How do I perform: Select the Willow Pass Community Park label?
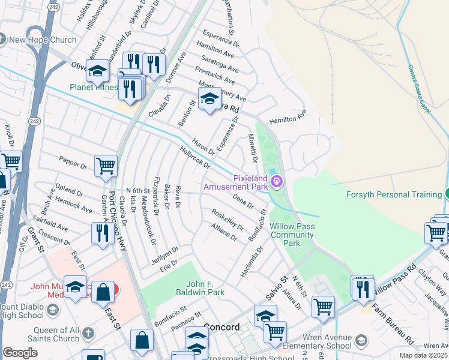(x=292, y=235)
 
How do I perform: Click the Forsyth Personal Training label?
(x=394, y=194)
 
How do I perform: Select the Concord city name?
(x=221, y=328)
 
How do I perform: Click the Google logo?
(x=20, y=352)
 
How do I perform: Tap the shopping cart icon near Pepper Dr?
(x=106, y=166)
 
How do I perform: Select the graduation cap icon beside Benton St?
(x=209, y=99)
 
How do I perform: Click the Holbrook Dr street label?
(x=194, y=157)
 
